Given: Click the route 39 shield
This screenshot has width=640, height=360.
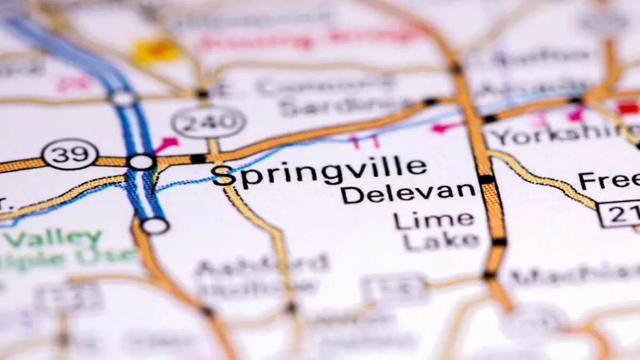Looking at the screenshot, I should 70,154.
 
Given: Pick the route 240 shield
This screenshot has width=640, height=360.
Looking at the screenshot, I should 209,122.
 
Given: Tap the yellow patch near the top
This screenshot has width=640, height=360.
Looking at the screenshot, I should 155,51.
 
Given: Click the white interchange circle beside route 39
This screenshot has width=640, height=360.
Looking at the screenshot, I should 142,162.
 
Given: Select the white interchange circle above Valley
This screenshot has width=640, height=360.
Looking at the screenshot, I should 155,226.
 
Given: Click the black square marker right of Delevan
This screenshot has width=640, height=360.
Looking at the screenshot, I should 486,180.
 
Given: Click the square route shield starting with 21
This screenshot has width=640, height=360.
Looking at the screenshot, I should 619,213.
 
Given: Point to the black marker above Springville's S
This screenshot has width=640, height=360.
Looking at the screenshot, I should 198,158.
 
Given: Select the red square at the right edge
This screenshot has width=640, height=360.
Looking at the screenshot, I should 629,107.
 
